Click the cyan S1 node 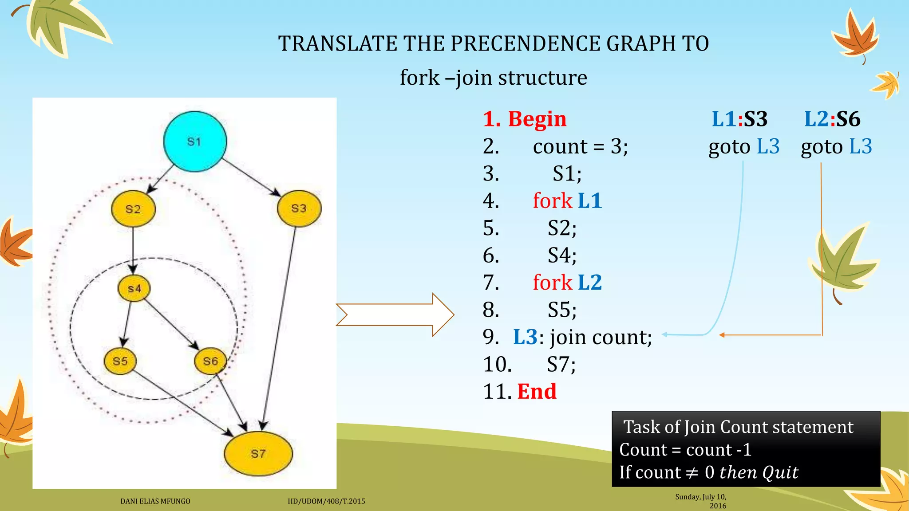(x=195, y=142)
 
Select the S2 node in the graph (x=133, y=209)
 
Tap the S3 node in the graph (x=299, y=208)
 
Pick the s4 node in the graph (x=134, y=289)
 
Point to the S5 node (x=120, y=361)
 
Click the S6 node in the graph (x=210, y=361)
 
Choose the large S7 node (x=258, y=453)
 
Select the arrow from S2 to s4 (x=133, y=248)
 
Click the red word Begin (x=537, y=119)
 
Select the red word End (x=537, y=391)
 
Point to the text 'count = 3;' (x=581, y=146)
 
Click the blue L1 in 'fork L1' (x=590, y=200)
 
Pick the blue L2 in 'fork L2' (x=590, y=282)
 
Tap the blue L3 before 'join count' (x=525, y=337)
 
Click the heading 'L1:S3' (x=739, y=119)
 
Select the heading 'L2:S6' (x=832, y=119)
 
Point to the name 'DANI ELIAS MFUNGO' (x=155, y=501)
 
